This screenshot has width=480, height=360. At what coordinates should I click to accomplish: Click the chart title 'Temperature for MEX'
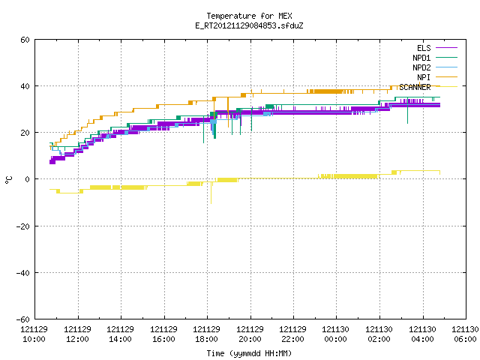[x=249, y=16]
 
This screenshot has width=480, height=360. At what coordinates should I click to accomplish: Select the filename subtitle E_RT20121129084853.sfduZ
[x=249, y=25]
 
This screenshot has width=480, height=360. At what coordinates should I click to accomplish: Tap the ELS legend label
[x=424, y=48]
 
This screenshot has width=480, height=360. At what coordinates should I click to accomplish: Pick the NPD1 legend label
[x=421, y=58]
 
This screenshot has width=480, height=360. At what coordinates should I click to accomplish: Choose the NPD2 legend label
[x=421, y=67]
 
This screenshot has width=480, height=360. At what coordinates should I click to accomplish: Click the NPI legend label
[x=424, y=77]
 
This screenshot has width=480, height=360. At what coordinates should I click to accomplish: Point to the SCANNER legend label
[x=415, y=87]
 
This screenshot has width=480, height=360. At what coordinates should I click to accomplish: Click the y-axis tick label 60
[x=25, y=40]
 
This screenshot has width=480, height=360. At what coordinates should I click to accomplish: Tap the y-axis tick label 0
[x=28, y=179]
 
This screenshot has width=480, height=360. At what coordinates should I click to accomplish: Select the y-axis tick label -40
[x=23, y=273]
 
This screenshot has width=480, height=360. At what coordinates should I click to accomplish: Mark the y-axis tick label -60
[x=23, y=319]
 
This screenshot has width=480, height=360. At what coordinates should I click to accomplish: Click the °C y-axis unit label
[x=8, y=180]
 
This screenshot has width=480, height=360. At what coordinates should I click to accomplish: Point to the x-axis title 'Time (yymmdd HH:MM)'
[x=249, y=353]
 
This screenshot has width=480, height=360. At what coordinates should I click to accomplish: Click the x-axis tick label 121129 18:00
[x=207, y=334]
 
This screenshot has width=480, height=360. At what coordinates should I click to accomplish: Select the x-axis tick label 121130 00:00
[x=336, y=334]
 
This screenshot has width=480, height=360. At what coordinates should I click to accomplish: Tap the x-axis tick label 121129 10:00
[x=34, y=334]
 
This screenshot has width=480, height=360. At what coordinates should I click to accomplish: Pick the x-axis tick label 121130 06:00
[x=465, y=334]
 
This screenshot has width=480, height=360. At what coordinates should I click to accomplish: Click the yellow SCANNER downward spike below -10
[x=211, y=193]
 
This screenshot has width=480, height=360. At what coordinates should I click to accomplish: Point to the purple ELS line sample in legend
[x=447, y=48]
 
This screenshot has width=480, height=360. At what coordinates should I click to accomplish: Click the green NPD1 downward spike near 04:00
[x=407, y=111]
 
